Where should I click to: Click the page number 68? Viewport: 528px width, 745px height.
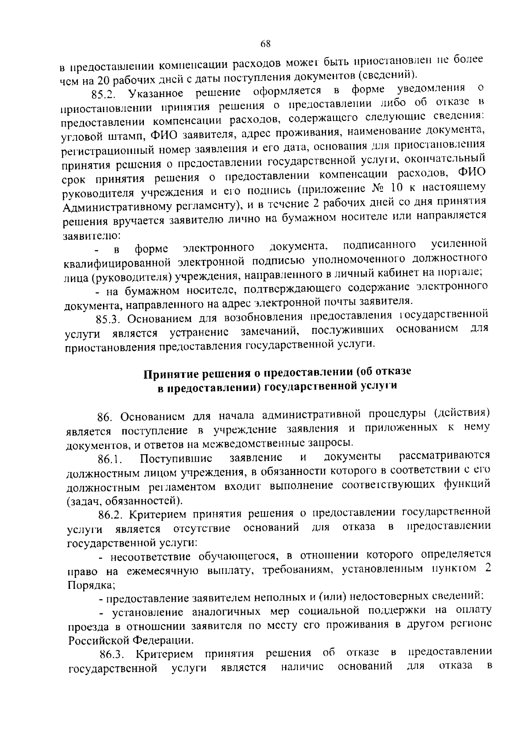tap(265, 43)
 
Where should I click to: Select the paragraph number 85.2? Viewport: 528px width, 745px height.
tap(103, 95)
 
